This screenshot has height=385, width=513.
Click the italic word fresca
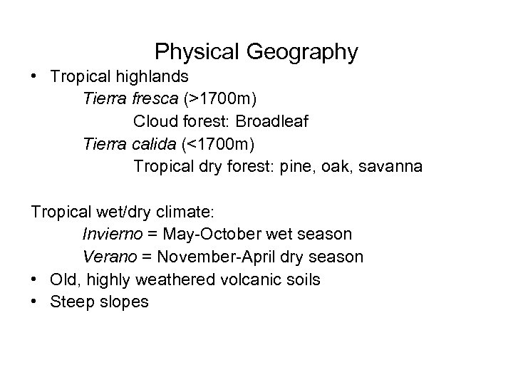[x=155, y=99]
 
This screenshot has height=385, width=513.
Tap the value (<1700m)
[x=217, y=144]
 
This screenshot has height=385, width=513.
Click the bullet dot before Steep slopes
[x=36, y=302]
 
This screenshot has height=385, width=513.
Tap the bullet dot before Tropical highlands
[x=36, y=76]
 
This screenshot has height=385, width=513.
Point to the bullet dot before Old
[x=36, y=279]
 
